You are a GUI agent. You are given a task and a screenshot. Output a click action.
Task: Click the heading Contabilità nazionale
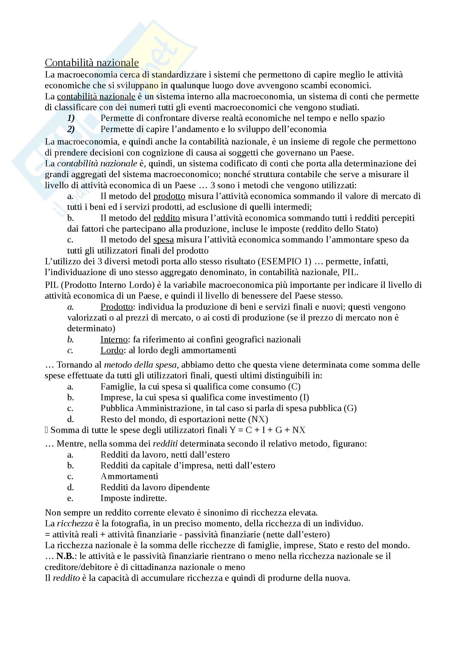[x=92, y=63]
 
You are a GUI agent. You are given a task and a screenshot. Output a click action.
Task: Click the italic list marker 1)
[x=71, y=118]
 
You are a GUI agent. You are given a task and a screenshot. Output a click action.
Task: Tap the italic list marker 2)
[x=71, y=129]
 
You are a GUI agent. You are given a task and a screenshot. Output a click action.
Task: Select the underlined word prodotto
[x=169, y=196]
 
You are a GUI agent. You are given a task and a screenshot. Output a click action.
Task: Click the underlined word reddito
[x=167, y=218]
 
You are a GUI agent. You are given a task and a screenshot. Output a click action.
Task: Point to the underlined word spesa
[x=163, y=240]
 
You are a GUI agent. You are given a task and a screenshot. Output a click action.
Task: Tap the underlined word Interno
[x=114, y=339]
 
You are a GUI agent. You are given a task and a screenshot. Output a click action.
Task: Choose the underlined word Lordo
[x=112, y=350]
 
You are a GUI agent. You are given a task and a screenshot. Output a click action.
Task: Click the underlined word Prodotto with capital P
[x=116, y=307]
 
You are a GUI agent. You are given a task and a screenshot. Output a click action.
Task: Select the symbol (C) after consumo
[x=294, y=387]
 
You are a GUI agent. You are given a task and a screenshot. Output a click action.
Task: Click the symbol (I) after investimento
[x=304, y=397]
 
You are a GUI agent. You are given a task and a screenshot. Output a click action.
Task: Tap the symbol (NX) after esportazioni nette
[x=260, y=419]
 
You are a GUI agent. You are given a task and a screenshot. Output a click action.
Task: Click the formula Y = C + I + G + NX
[x=268, y=430]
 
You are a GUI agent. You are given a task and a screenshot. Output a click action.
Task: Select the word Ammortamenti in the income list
[x=129, y=476]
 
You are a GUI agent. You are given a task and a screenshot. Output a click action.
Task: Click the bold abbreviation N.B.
[x=65, y=556]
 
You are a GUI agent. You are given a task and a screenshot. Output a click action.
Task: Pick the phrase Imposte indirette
[x=134, y=498]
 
